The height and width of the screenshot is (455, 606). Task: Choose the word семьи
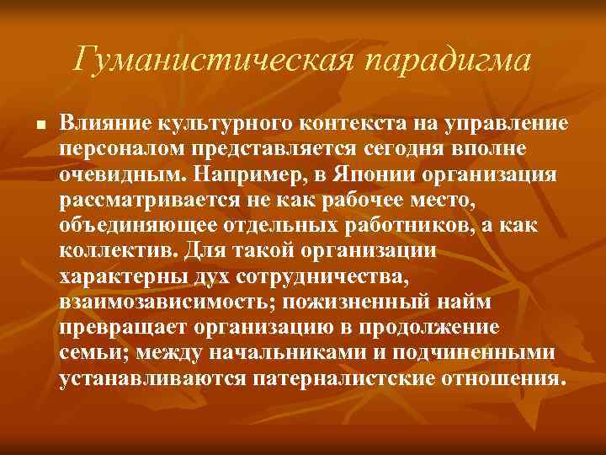(x=91, y=352)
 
